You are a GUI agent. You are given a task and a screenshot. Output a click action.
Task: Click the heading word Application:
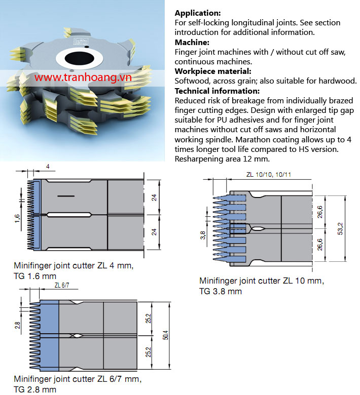[198, 13]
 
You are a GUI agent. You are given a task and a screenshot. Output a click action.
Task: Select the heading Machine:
[192, 43]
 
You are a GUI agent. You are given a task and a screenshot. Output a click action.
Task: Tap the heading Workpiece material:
[213, 71]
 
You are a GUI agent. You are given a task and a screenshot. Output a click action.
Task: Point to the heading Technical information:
[217, 91]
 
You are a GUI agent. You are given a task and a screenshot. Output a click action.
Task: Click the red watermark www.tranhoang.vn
[83, 77]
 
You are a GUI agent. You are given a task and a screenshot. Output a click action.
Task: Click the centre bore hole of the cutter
[79, 58]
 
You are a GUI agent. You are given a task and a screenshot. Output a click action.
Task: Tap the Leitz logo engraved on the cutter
[81, 42]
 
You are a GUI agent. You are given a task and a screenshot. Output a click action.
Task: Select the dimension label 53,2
[340, 228]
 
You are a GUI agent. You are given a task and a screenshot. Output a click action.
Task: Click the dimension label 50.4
[165, 335]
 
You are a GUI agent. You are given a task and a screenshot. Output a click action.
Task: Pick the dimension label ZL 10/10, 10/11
[268, 175]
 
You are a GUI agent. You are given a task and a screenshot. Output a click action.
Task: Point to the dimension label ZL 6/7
[61, 286]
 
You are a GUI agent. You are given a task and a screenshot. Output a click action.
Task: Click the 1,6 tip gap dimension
[17, 218]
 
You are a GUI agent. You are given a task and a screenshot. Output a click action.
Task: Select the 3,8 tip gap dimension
[203, 235]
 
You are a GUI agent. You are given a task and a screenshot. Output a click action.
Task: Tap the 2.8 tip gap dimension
[17, 325]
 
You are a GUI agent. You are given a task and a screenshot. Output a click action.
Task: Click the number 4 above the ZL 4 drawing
[48, 167]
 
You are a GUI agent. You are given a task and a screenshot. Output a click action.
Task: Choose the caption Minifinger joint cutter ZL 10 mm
[262, 281]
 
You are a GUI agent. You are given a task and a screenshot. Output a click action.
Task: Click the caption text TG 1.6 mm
[35, 276]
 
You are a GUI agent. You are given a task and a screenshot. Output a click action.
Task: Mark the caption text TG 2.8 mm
[35, 389]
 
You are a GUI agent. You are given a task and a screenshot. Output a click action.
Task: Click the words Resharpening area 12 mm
[222, 159]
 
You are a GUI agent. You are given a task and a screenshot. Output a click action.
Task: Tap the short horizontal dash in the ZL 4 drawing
[66, 196]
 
